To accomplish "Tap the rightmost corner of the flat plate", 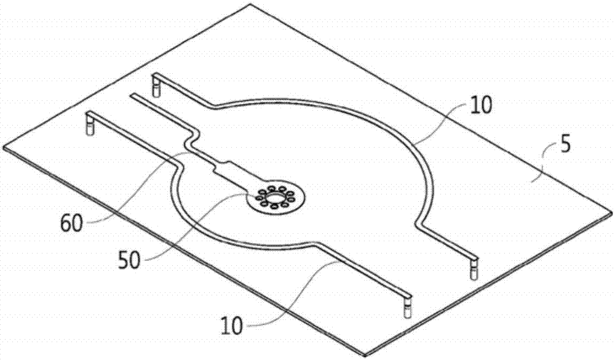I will (611, 212).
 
